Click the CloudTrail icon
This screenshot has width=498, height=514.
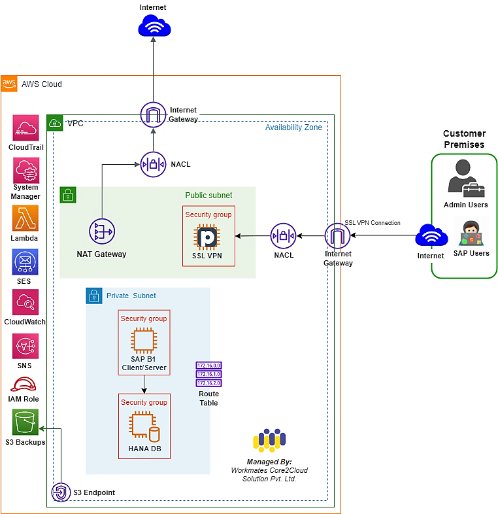(x=25, y=128)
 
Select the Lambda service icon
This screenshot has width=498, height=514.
(x=25, y=218)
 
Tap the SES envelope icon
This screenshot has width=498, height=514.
(x=25, y=261)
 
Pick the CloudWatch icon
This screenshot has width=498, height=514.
(x=25, y=303)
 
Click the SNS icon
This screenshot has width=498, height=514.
(x=25, y=346)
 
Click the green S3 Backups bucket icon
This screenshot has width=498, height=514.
(x=25, y=422)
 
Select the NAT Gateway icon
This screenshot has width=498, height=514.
(x=101, y=231)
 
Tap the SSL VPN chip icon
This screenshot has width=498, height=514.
(x=208, y=236)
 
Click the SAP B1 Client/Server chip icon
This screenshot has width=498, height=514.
(x=144, y=341)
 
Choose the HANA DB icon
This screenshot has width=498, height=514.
(x=144, y=426)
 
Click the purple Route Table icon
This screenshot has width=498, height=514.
(x=209, y=373)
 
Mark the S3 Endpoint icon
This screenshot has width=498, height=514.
(x=60, y=492)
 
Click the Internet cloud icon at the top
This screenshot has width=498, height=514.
(x=154, y=27)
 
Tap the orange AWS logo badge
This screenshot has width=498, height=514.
(x=9, y=83)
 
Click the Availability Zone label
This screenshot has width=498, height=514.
(x=293, y=128)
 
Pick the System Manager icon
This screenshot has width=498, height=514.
(x=25, y=171)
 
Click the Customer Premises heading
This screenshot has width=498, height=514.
(x=464, y=139)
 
